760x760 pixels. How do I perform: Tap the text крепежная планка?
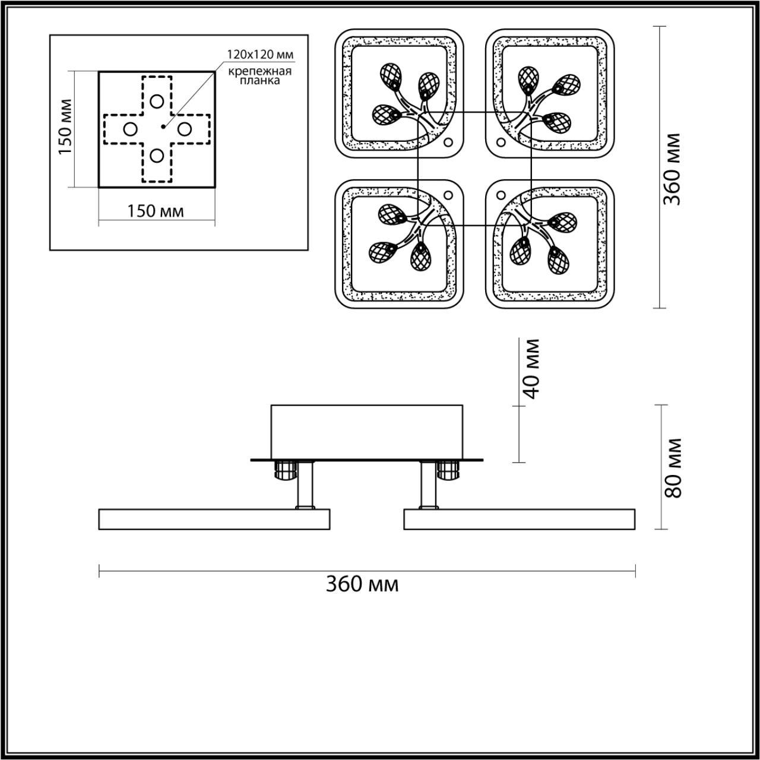pos(260,76)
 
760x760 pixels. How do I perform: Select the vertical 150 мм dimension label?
pos(66,126)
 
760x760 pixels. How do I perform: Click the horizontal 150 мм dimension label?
pos(156,211)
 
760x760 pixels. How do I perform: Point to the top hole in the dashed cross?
pos(157,101)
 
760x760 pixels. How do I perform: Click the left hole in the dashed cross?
pos(130,128)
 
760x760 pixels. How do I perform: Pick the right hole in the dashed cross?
pos(184,128)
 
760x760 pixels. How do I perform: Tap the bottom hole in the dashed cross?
pos(157,156)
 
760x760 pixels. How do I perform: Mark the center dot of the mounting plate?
pos(162,126)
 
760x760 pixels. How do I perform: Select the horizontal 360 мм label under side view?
pos(362,584)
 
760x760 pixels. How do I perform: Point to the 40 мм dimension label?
pos(532,369)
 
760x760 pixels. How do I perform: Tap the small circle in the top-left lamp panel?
pos(448,142)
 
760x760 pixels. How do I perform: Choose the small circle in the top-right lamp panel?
pos(501,142)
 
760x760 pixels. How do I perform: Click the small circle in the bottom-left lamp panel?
pos(448,195)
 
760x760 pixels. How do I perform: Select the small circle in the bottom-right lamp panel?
pos(501,195)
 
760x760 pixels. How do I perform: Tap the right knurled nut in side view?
pos(448,471)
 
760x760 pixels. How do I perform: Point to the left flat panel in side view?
pos(214,519)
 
